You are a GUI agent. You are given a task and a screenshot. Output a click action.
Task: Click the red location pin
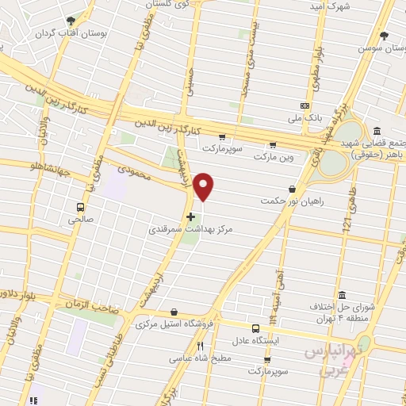(x=204, y=186)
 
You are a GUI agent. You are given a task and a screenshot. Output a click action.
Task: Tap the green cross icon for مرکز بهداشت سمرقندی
(x=190, y=216)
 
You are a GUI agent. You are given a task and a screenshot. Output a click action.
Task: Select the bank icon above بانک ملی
(x=305, y=105)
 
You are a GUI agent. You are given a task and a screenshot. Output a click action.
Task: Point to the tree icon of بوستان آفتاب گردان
(x=71, y=21)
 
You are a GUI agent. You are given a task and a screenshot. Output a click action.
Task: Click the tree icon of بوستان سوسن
(x=385, y=36)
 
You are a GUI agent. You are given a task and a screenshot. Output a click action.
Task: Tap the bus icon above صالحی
(x=80, y=207)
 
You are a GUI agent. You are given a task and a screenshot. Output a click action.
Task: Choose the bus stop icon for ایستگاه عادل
(x=255, y=328)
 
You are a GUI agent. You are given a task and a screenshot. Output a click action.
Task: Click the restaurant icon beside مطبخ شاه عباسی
(x=201, y=346)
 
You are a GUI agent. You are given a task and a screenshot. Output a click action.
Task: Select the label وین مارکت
(x=274, y=157)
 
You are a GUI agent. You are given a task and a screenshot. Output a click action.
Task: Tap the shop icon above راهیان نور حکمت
(x=293, y=189)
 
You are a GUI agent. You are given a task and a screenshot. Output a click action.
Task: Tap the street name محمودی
(x=133, y=170)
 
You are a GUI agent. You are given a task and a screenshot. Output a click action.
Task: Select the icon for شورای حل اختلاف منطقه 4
(x=340, y=291)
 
